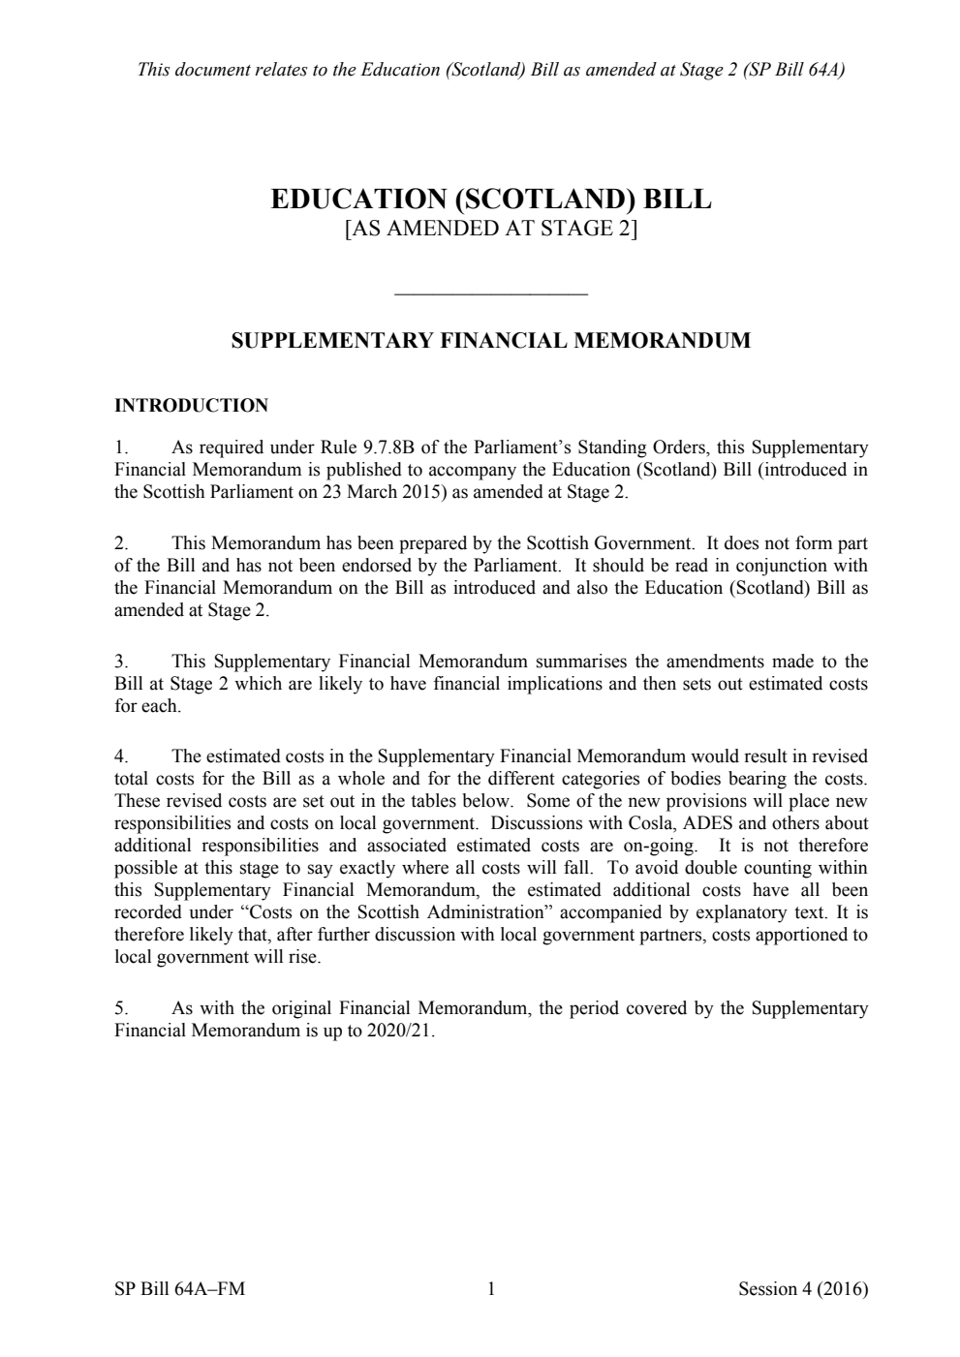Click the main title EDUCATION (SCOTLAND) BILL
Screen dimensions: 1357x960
pos(490,200)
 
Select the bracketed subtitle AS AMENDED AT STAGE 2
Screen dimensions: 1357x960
pos(491,230)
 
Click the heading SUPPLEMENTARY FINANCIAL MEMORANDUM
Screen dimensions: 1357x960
pos(490,341)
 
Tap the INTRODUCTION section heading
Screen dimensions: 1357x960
pos(191,406)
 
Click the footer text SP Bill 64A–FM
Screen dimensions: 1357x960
pos(179,1289)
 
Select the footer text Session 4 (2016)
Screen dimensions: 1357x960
pos(802,1289)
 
